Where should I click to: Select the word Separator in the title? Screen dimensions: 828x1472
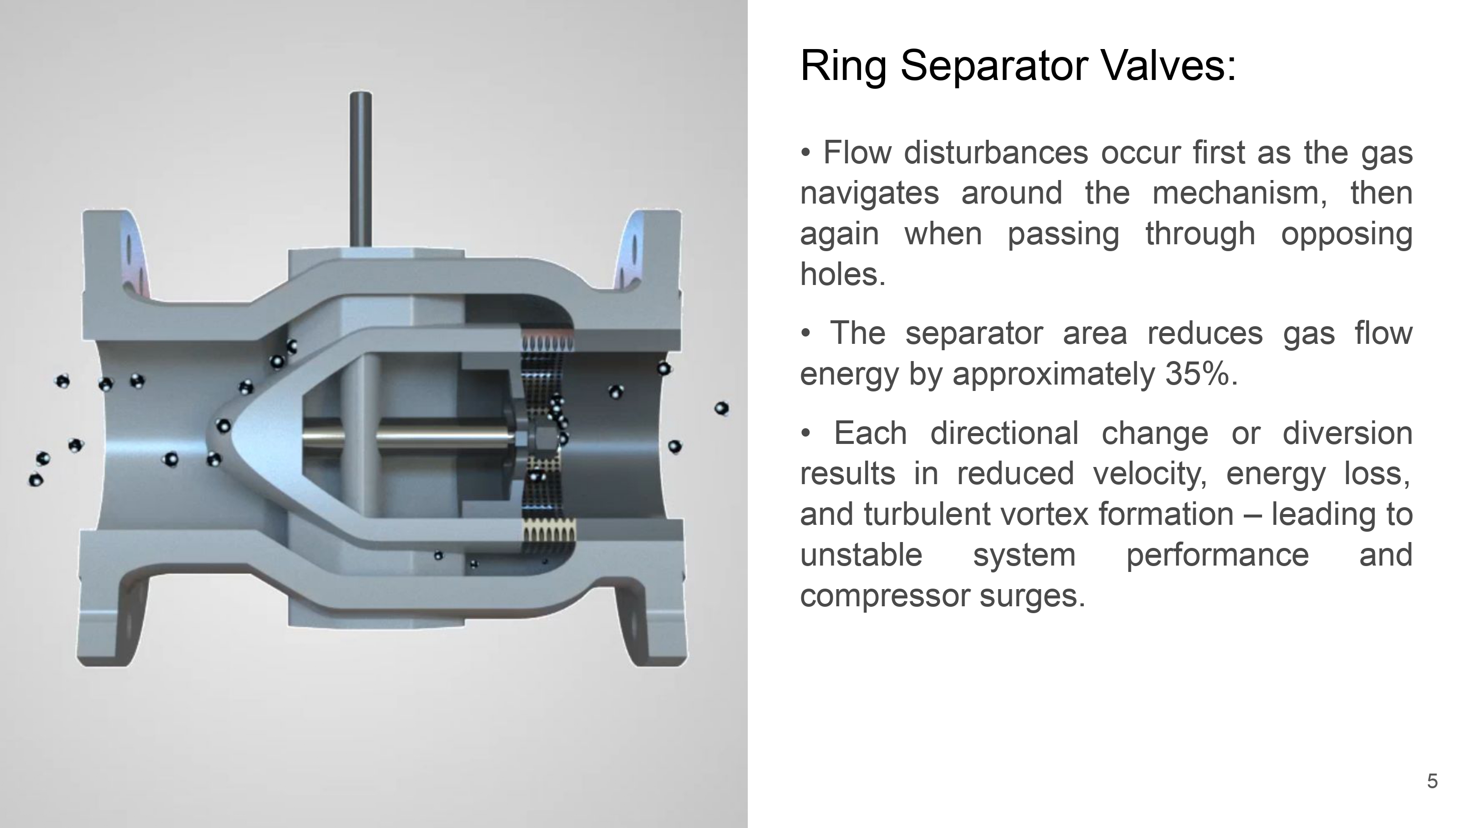994,66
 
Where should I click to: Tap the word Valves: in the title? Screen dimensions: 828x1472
1168,66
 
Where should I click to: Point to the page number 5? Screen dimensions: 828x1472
1432,781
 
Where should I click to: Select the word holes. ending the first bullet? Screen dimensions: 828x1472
842,274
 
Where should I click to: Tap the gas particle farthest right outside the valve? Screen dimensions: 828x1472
721,409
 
